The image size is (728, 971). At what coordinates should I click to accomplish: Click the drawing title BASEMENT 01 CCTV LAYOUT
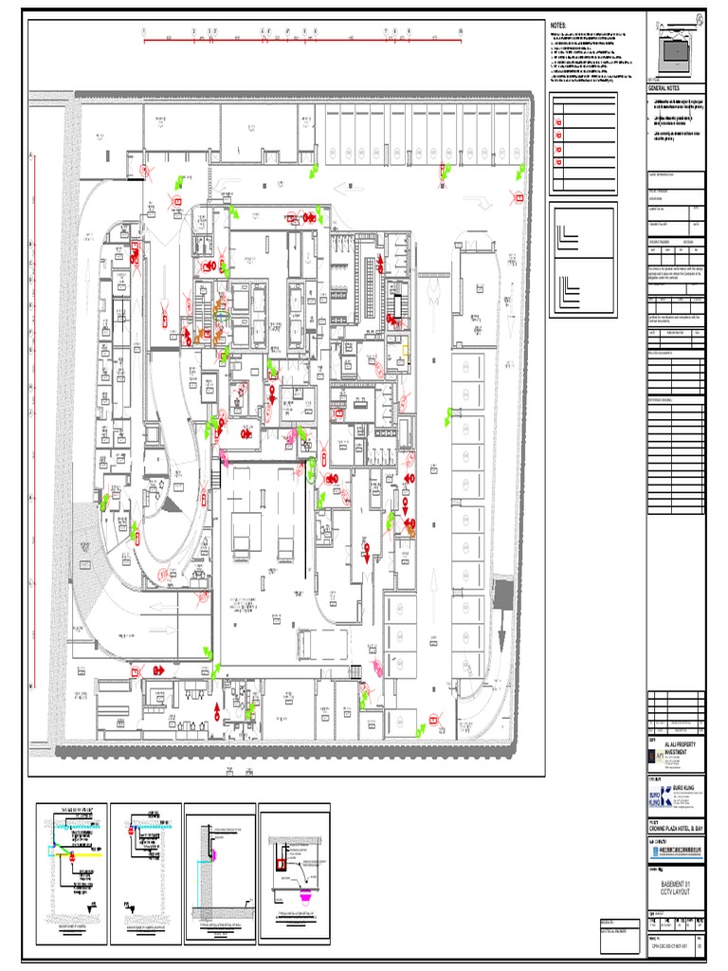(676, 889)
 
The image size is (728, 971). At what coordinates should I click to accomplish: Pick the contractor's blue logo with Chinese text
(675, 852)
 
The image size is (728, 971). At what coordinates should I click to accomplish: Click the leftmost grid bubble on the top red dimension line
(144, 31)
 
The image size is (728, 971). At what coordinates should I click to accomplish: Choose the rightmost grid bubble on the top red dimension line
(460, 31)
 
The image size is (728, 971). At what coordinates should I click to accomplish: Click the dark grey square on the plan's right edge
(503, 595)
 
